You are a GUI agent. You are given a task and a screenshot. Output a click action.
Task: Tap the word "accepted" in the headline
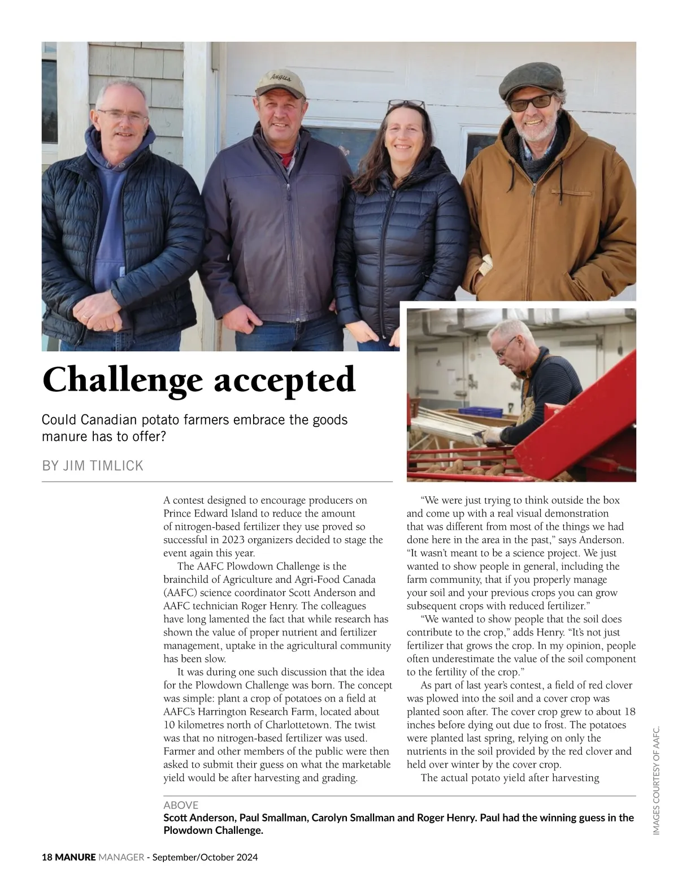tap(285, 380)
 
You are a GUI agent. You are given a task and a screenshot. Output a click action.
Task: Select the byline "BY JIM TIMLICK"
tap(93, 466)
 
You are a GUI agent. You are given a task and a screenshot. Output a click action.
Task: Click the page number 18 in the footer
tap(47, 857)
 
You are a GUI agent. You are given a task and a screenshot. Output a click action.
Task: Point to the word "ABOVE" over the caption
tap(181, 805)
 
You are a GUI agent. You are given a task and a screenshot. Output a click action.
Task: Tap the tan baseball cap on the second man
tap(281, 82)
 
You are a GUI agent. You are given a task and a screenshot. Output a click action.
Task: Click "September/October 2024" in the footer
tap(205, 857)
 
